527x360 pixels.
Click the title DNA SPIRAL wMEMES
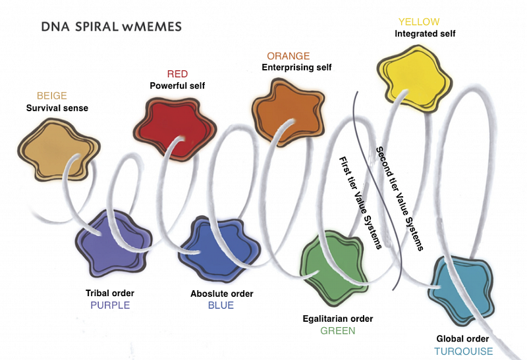111,28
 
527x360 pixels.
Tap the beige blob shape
53,148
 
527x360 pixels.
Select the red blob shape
175,124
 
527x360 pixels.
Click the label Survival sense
57,108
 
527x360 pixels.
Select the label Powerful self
178,86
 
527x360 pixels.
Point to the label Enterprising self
296,67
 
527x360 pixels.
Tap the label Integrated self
425,34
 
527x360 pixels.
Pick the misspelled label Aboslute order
221,294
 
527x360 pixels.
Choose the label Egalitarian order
338,319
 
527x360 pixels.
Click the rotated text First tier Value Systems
360,203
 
